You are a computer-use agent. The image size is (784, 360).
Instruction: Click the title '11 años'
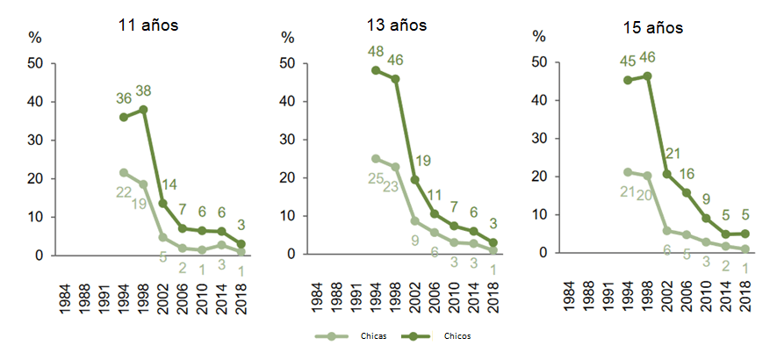[148, 25]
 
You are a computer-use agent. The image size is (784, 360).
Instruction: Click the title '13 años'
[397, 25]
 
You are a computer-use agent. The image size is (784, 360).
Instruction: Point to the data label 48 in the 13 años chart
[377, 52]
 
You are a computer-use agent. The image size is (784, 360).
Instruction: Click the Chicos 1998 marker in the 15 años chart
[646, 76]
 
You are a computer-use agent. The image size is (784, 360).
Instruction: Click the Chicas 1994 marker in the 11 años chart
[124, 172]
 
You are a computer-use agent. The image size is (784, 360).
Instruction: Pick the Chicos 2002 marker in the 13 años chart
[414, 179]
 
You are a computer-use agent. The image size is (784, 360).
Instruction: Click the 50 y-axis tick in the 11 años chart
[35, 63]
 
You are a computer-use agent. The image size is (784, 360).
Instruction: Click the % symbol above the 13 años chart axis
[287, 38]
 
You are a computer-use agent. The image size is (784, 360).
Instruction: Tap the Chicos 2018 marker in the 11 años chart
[240, 244]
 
